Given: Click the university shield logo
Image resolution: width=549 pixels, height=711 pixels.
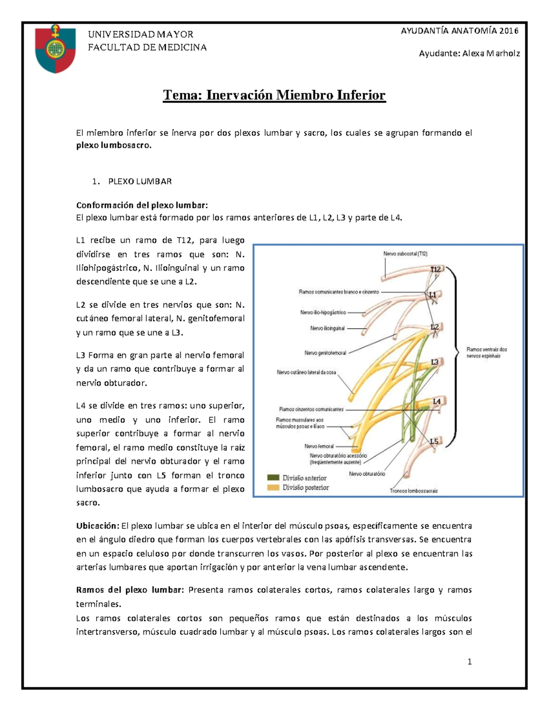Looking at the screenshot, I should click(x=56, y=49).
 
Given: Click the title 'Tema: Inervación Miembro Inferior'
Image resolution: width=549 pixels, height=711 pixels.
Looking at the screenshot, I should click(x=274, y=95).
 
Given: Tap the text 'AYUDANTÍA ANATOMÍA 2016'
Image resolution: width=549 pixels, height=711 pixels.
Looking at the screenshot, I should click(x=459, y=31).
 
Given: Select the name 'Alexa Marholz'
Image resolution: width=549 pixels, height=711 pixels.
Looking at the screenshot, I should click(x=491, y=54).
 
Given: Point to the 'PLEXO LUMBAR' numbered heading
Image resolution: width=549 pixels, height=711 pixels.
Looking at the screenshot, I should click(x=140, y=181).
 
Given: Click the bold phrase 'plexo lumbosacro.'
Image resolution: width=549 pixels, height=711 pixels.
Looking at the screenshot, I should click(x=113, y=146).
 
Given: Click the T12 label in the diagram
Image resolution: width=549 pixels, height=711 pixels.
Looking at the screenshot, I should click(x=435, y=270).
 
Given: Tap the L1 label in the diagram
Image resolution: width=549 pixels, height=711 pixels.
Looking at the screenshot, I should click(x=432, y=295).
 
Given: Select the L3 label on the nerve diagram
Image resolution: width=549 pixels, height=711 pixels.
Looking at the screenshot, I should click(x=434, y=362).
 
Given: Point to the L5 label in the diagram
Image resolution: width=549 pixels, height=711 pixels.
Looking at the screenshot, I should click(x=434, y=441).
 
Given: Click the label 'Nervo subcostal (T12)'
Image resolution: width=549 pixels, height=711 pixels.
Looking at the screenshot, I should click(x=405, y=254).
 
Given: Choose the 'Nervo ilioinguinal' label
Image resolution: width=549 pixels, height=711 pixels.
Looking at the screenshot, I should click(x=328, y=328).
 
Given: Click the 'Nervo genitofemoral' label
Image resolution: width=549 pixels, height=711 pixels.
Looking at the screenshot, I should click(x=325, y=353).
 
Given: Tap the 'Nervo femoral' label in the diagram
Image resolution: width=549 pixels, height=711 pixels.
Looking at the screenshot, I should click(x=319, y=446).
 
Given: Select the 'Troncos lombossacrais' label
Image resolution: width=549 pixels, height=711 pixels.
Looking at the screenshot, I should click(x=414, y=491).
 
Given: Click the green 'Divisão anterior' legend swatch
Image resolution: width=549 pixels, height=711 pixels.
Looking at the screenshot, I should click(x=273, y=478).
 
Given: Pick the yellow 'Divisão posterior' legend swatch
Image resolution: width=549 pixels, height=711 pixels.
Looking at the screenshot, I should click(x=273, y=488).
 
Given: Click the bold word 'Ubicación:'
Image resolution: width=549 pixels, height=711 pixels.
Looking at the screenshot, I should click(x=97, y=526).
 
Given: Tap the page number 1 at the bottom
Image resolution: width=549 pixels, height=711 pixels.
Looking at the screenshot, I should click(x=469, y=661).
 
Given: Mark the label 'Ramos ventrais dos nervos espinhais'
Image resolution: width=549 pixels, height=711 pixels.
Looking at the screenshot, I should click(x=486, y=353).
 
